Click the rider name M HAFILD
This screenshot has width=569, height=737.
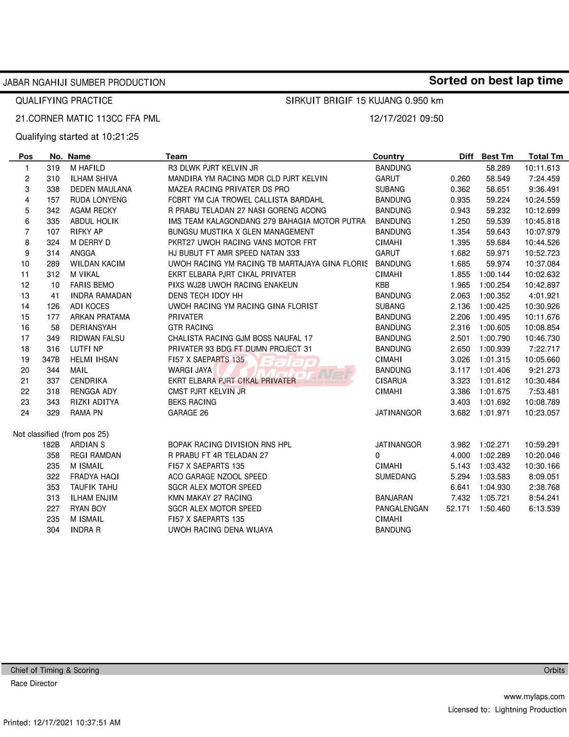(88, 168)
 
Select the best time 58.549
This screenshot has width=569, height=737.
(498, 179)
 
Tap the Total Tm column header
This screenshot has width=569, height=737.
(546, 157)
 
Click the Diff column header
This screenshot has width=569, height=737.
(466, 157)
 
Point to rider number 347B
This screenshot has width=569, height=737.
(51, 360)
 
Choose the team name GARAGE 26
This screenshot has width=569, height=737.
(188, 413)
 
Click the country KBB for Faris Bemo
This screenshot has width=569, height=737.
(382, 285)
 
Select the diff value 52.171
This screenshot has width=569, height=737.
(458, 509)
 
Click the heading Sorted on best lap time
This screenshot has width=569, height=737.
(496, 81)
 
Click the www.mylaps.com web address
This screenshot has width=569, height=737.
(534, 697)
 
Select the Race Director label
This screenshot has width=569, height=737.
(34, 683)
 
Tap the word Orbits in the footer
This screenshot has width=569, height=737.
(554, 670)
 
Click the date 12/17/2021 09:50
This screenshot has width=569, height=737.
(406, 119)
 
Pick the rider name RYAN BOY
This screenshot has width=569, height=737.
(88, 509)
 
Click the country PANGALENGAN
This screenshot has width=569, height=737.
(402, 509)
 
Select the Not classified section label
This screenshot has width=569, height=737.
(61, 434)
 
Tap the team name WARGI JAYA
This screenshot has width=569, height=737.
(190, 370)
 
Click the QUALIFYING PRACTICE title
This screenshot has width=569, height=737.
(64, 101)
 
